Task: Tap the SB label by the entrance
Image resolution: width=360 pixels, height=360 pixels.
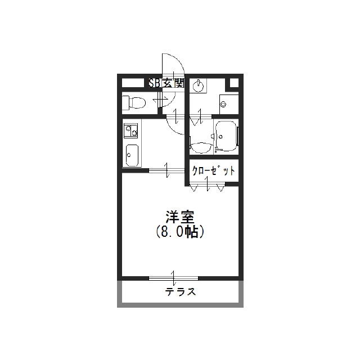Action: [155, 83]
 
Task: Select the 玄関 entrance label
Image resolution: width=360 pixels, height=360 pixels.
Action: [173, 83]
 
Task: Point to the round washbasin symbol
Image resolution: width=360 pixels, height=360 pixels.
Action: [198, 87]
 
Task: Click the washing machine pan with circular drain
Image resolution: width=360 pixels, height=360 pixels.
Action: [229, 104]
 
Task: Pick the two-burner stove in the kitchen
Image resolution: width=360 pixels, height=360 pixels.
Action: [130, 130]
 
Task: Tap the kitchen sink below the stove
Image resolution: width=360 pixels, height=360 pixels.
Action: [132, 155]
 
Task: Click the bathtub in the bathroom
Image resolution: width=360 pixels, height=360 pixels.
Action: [226, 136]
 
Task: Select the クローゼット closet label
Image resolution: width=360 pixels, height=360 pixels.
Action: [214, 171]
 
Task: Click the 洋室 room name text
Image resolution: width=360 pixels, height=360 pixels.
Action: [180, 217]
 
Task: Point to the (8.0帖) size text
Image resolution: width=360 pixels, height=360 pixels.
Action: [180, 232]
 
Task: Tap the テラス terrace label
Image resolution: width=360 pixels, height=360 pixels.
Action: [180, 292]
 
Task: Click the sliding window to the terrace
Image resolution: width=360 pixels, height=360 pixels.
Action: [173, 278]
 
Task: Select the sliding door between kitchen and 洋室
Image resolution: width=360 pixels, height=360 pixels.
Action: [167, 170]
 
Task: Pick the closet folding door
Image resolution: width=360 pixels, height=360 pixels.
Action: [208, 186]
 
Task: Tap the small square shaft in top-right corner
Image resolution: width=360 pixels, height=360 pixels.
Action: [234, 83]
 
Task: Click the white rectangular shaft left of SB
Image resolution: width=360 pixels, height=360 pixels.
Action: [133, 83]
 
